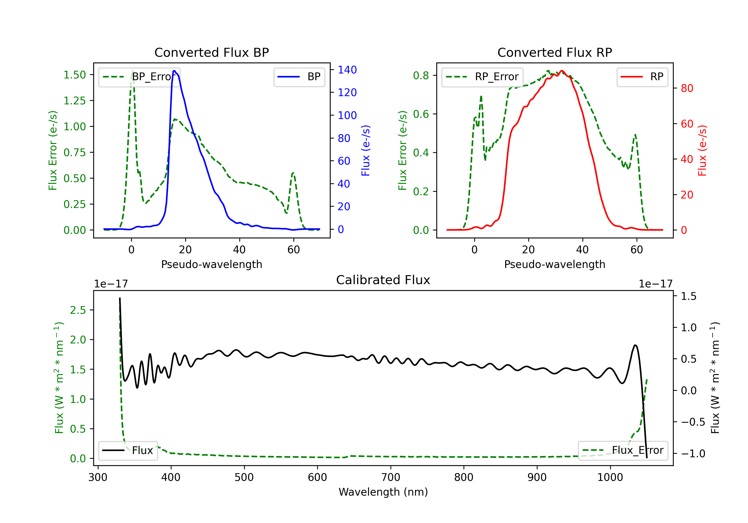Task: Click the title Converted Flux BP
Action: tap(211, 52)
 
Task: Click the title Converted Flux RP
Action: tap(555, 52)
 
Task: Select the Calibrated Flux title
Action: tap(383, 280)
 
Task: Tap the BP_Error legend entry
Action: tap(139, 77)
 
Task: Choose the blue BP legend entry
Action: tap(299, 77)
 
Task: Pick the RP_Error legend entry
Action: tap(482, 77)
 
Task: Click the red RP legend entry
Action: tap(642, 77)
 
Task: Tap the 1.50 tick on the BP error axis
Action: tap(75, 75)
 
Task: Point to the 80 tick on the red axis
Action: tap(687, 88)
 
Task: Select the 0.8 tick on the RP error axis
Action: tap(421, 75)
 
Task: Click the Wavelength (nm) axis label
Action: tap(383, 492)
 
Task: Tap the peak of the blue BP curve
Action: tap(175, 71)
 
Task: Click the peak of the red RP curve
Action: tap(562, 71)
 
